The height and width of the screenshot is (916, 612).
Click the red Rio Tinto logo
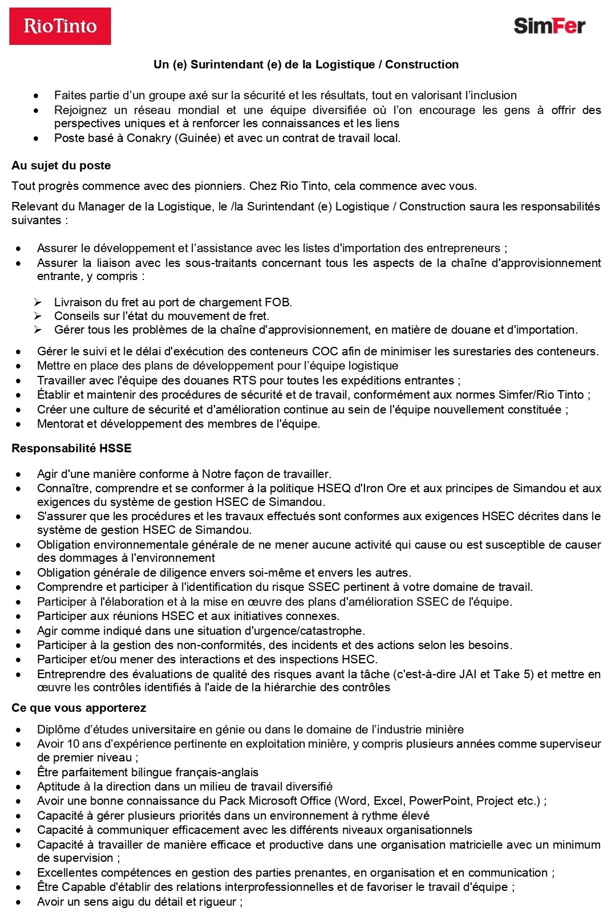pyautogui.click(x=60, y=26)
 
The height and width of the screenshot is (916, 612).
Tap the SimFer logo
pyautogui.click(x=549, y=26)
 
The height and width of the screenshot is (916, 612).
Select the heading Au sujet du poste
pyautogui.click(x=61, y=165)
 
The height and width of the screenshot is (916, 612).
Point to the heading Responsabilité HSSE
pyautogui.click(x=71, y=448)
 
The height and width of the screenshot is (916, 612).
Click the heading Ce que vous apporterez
pyautogui.click(x=79, y=708)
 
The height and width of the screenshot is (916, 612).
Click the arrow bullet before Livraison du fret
pyautogui.click(x=38, y=302)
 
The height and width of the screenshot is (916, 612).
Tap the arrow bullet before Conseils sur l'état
pyautogui.click(x=38, y=316)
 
